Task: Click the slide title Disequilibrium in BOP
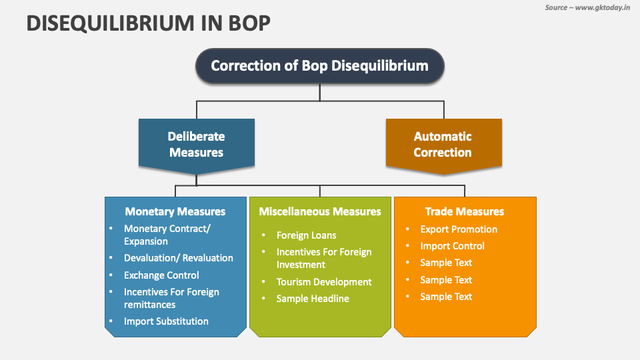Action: (149, 23)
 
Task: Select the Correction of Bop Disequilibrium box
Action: (319, 66)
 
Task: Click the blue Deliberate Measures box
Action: (196, 144)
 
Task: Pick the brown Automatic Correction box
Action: (443, 145)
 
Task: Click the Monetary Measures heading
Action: (175, 211)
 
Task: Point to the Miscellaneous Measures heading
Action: (320, 211)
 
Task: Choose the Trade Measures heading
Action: (465, 211)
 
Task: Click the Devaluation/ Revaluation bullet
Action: (178, 258)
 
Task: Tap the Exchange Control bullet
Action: (161, 275)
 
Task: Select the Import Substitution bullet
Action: (166, 321)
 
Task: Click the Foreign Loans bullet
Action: (307, 235)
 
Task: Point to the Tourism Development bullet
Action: (324, 282)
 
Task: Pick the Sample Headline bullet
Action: (313, 299)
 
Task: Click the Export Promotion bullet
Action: (459, 229)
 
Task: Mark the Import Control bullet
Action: (452, 246)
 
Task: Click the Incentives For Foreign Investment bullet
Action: (324, 258)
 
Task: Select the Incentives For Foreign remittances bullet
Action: (171, 298)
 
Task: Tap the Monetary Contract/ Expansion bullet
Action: (167, 235)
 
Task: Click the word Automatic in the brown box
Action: (443, 137)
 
